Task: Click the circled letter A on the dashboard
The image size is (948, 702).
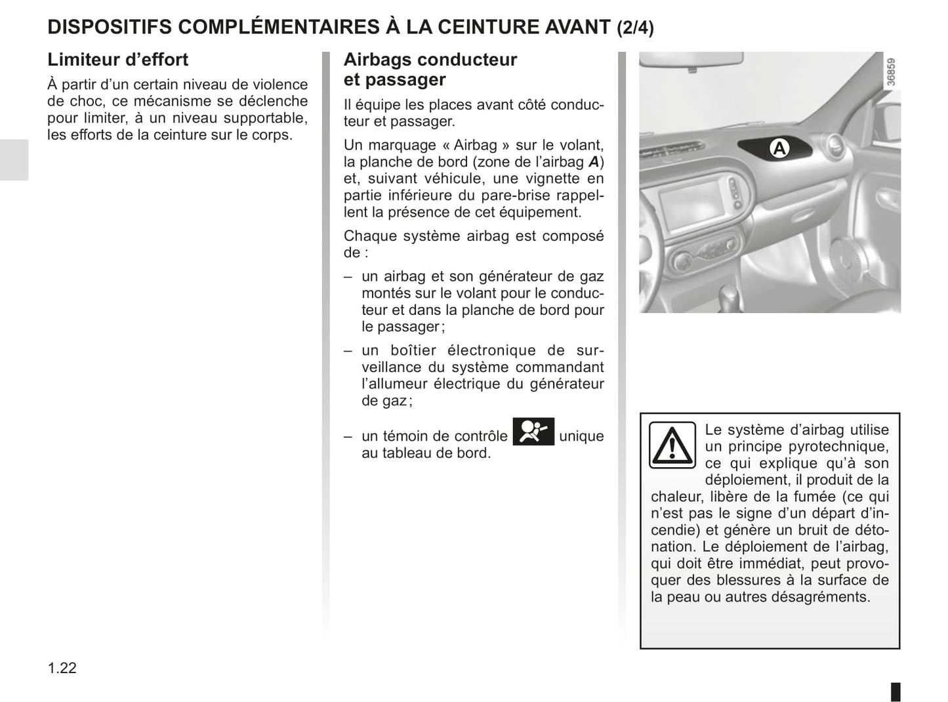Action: click(x=779, y=149)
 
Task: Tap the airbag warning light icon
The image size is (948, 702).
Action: click(x=533, y=432)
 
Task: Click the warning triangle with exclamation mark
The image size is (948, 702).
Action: click(x=672, y=445)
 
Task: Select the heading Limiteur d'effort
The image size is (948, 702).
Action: click(x=117, y=60)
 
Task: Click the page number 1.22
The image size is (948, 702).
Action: click(x=62, y=668)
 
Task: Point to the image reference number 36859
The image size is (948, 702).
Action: click(x=890, y=72)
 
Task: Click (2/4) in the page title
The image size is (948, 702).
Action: click(x=635, y=27)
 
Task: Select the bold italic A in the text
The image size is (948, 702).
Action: click(x=593, y=162)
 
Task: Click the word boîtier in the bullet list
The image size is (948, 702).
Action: click(x=411, y=350)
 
